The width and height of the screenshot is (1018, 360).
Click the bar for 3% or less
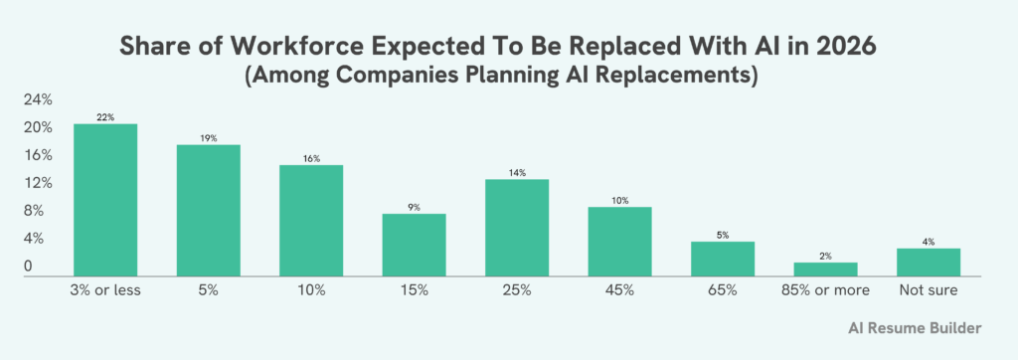point(105,199)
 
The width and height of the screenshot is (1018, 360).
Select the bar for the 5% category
point(208,210)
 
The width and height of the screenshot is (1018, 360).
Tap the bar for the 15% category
point(414,244)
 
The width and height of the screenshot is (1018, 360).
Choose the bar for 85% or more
point(825,269)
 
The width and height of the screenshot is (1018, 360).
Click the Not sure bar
point(929,262)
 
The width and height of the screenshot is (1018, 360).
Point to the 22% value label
point(105,117)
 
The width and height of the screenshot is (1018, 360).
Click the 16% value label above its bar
point(311,158)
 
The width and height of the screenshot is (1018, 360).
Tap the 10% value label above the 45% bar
point(619,200)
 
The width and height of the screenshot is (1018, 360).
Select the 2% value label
point(825,256)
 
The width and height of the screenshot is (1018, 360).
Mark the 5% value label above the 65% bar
point(723,235)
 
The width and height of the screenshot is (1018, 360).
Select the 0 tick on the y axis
point(29,267)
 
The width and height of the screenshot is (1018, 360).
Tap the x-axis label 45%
point(619,290)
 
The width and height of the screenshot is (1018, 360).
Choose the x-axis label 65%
point(723,290)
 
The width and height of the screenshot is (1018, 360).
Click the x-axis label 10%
point(311,290)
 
